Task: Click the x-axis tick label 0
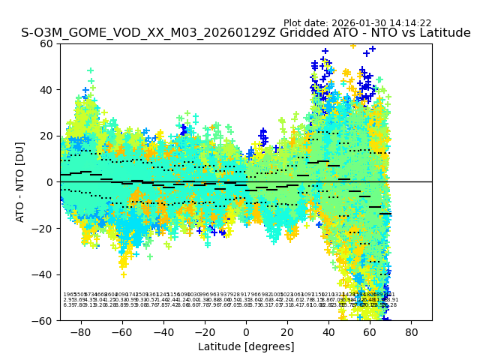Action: pos(246,331)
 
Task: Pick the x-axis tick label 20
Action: pos(287,331)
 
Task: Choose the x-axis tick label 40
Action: pos(328,331)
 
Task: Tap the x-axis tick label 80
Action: pos(412,331)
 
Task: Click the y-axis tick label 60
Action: pos(47,43)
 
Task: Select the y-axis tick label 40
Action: pos(47,90)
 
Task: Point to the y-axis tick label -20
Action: pos(44,228)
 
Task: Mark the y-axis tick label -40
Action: pos(44,274)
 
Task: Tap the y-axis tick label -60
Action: pos(44,320)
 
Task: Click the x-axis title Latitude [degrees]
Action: pos(246,346)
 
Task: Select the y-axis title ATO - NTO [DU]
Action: pos(20,181)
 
